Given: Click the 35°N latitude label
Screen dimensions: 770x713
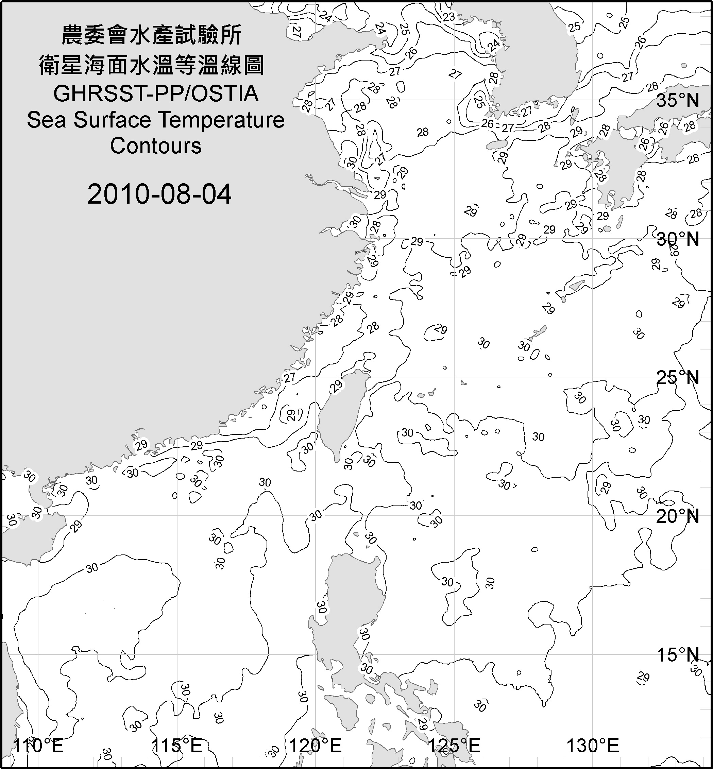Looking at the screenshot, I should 678,101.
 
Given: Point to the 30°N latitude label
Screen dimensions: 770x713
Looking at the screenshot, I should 678,239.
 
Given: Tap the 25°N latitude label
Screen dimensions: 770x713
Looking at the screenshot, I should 678,378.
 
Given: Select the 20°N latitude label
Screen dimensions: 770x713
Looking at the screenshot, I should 678,516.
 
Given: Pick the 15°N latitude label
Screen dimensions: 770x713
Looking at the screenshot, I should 678,655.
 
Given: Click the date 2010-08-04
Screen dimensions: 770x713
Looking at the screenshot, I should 159,194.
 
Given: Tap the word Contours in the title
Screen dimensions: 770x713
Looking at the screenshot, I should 156,146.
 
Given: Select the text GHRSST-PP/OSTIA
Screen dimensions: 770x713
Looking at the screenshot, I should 156,94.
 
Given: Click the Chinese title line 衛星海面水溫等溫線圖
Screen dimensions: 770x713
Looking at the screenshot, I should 152,65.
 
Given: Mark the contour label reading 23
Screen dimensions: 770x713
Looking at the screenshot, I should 449,17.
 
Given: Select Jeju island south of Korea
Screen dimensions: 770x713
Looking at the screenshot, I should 496,145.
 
